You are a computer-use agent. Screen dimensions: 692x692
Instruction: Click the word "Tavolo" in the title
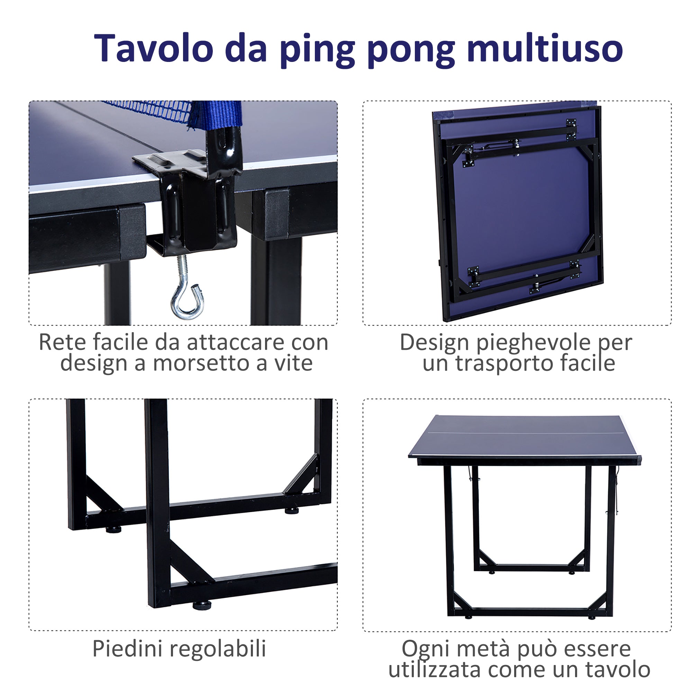tap(154, 48)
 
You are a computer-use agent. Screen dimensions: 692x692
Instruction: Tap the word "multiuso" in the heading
tap(545, 48)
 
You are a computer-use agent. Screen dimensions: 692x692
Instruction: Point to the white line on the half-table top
tap(523, 433)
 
